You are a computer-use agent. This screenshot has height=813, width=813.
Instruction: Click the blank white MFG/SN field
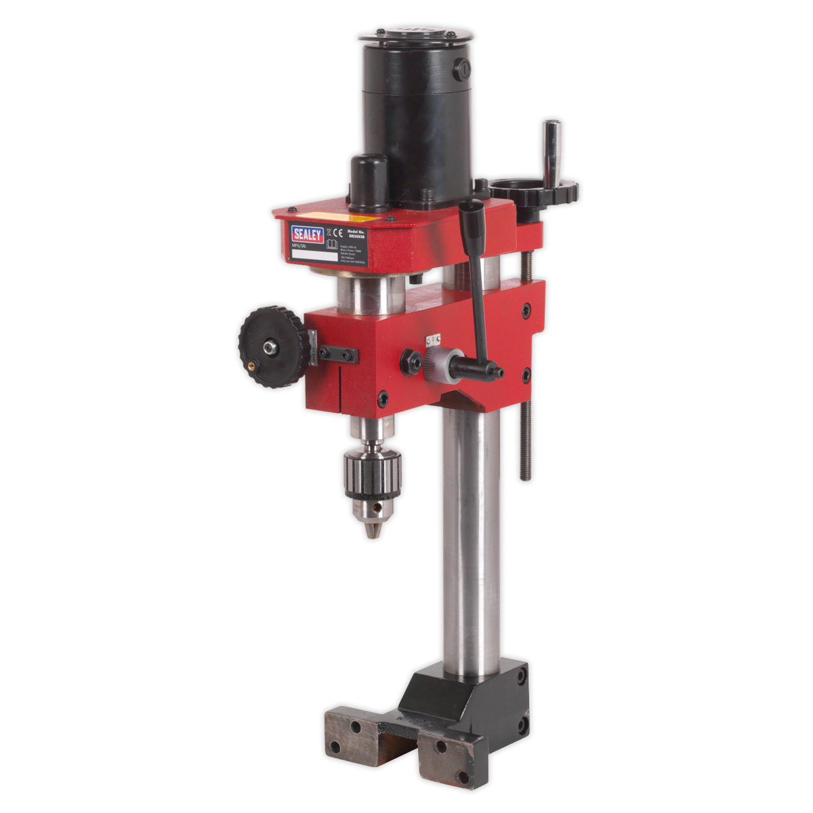coord(314,257)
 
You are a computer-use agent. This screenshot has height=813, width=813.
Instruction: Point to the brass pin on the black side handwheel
coord(253,364)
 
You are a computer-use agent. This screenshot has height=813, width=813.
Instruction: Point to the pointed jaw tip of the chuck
coord(371,535)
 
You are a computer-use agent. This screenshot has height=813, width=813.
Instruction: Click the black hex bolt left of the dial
coord(411,360)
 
